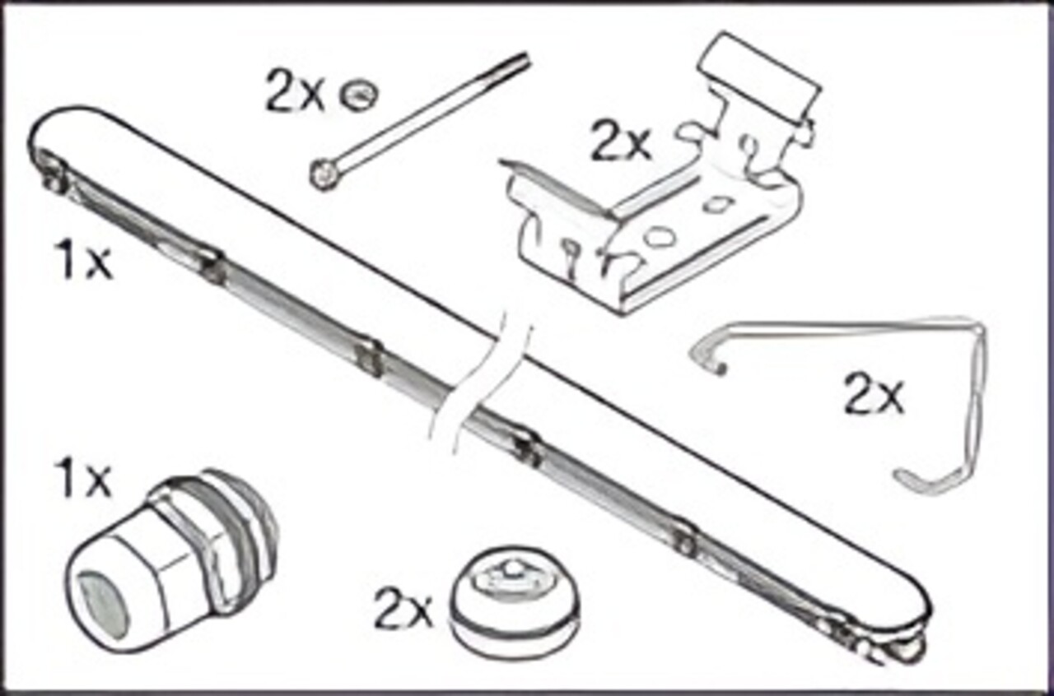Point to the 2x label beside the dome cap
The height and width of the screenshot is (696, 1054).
[403, 608]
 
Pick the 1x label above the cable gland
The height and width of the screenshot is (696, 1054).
[82, 479]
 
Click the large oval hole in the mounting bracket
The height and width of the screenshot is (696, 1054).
[659, 238]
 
